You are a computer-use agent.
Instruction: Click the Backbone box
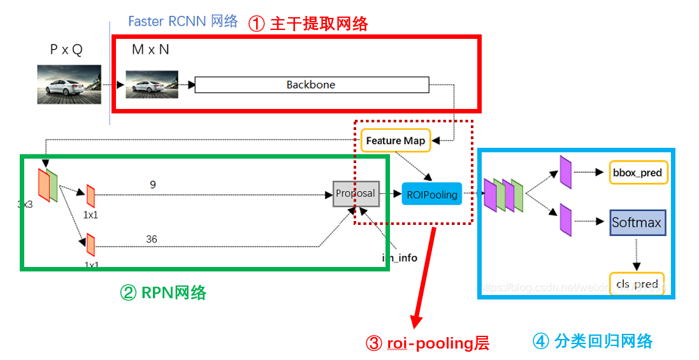tap(311, 85)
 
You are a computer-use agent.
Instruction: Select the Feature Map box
tap(395, 141)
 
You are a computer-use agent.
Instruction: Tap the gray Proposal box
tap(356, 194)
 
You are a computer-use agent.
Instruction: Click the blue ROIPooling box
tap(433, 194)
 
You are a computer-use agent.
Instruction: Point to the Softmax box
tap(637, 222)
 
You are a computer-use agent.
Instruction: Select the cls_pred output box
tap(637, 284)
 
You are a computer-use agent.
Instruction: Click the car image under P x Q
tap(69, 83)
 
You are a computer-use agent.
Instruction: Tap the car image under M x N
tap(151, 84)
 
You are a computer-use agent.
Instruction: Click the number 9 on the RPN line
tap(153, 185)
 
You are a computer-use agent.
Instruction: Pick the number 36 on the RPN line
tap(151, 240)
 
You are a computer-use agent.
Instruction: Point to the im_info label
tap(400, 258)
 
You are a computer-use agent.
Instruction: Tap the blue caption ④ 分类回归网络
tap(592, 341)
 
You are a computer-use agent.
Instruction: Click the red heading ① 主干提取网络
tap(308, 24)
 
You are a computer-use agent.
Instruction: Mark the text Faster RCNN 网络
tap(183, 21)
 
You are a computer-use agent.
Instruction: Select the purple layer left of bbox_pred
tap(565, 173)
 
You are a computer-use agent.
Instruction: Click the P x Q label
tap(66, 50)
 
